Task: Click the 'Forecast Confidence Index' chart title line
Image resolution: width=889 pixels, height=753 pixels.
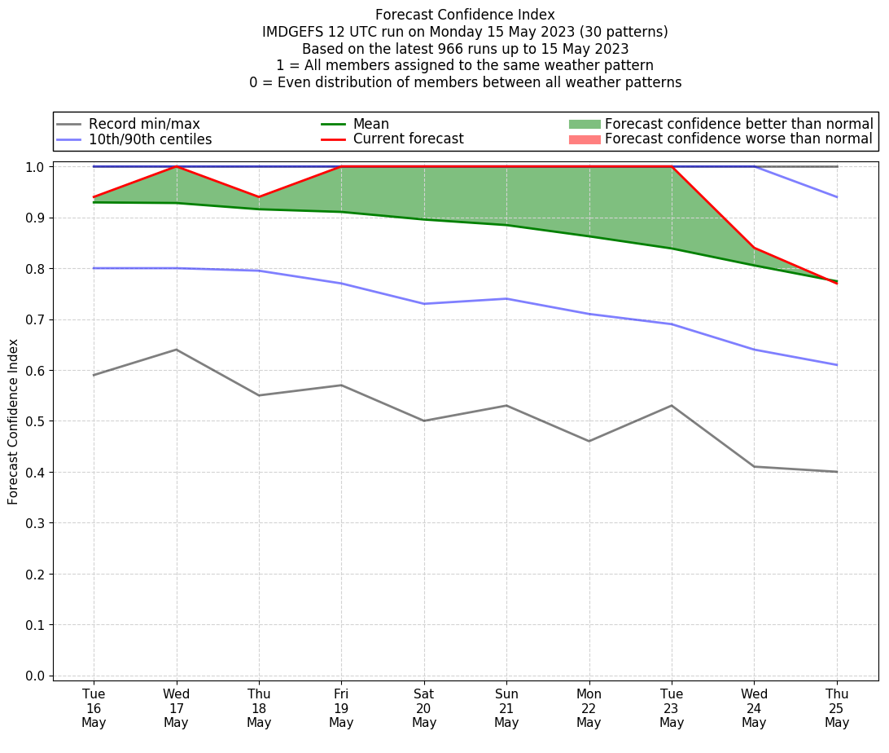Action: (x=465, y=15)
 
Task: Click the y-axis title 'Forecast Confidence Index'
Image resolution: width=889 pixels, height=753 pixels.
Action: (x=13, y=421)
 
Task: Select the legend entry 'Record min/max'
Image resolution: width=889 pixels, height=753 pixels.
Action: (x=144, y=124)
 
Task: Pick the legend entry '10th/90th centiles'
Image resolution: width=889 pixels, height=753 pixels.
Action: (x=150, y=139)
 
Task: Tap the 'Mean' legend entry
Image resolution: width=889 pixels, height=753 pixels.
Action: (x=370, y=124)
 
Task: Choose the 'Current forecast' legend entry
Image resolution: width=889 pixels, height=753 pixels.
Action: (x=408, y=139)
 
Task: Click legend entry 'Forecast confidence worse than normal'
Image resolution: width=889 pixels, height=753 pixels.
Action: (x=738, y=139)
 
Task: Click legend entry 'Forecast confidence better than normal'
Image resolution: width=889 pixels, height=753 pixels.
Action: (x=738, y=124)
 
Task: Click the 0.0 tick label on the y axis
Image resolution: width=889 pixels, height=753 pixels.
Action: (x=35, y=676)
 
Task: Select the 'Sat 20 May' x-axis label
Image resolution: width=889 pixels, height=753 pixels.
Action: (x=424, y=709)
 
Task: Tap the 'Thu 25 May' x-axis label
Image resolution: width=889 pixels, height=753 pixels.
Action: (x=837, y=709)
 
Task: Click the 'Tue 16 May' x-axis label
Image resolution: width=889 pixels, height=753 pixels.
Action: (x=94, y=709)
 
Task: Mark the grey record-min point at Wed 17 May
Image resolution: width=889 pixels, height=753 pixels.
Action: (x=176, y=350)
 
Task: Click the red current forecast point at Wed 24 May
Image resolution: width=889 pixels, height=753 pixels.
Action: (x=755, y=248)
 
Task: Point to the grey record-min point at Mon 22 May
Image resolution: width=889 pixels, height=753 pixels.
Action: (x=589, y=441)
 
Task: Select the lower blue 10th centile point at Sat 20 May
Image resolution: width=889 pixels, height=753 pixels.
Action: (x=424, y=304)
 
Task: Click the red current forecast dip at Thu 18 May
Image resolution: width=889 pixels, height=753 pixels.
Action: (x=259, y=197)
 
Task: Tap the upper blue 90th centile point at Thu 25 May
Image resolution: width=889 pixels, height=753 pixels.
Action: (x=837, y=197)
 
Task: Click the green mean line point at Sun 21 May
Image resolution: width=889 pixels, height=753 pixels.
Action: (x=506, y=225)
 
